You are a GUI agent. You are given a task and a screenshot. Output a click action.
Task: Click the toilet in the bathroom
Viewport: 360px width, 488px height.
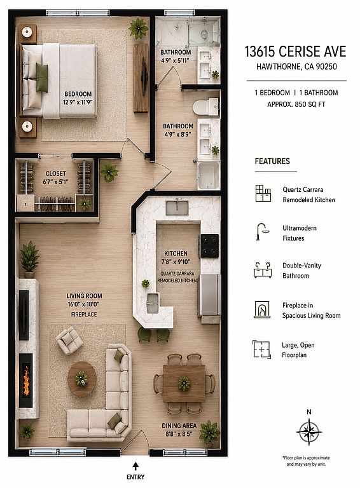(x=205, y=107)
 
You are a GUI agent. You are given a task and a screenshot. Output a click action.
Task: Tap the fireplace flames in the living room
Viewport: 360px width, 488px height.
(x=26, y=381)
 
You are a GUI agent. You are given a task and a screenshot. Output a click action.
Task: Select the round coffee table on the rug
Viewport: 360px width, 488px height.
(x=82, y=379)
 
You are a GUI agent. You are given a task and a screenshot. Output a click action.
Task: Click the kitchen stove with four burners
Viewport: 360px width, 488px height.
(x=210, y=246)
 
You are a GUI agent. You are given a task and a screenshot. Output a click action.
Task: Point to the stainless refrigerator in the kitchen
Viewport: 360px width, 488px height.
(x=209, y=295)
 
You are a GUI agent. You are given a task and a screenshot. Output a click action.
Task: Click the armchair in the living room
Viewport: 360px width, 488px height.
(x=69, y=340)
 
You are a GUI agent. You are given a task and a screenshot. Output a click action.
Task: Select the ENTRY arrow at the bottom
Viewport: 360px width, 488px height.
(x=135, y=466)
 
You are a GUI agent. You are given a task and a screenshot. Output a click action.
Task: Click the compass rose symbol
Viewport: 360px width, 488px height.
(x=308, y=431)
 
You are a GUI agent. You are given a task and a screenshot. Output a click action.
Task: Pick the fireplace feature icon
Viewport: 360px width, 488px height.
(x=262, y=309)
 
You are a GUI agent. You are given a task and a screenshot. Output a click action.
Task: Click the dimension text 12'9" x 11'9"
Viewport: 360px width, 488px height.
(x=78, y=102)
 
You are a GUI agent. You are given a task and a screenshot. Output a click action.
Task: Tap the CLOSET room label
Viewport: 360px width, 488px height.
(x=56, y=173)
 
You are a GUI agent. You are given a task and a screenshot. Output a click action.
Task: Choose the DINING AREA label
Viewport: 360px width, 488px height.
(x=179, y=426)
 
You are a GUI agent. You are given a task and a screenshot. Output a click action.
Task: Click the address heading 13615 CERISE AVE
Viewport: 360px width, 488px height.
(x=295, y=51)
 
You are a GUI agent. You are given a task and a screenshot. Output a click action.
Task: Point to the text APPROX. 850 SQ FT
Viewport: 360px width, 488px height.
(x=296, y=105)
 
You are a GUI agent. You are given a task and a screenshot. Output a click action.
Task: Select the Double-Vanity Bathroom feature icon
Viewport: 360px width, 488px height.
(x=263, y=270)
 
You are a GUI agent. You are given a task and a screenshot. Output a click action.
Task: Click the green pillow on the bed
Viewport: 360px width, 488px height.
(x=42, y=78)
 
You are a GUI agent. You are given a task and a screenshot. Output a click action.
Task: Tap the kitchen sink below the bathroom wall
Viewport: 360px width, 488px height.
(x=177, y=208)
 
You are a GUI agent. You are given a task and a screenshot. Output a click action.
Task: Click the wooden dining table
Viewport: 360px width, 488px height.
(x=184, y=383)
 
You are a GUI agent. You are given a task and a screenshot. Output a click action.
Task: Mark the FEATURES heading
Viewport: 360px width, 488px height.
(x=272, y=161)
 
